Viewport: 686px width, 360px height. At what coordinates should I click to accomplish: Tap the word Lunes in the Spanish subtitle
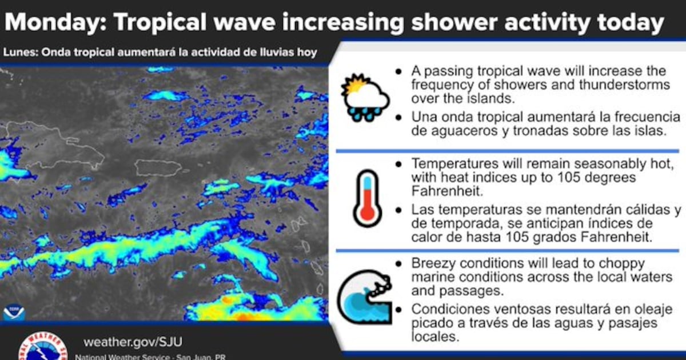click(x=20, y=52)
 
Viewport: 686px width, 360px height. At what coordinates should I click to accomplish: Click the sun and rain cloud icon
click(x=365, y=97)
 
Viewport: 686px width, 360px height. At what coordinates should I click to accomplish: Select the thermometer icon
click(x=367, y=198)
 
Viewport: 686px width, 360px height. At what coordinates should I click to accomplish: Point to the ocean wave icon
click(x=365, y=297)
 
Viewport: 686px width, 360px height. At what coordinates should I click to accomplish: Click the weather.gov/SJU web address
click(x=133, y=342)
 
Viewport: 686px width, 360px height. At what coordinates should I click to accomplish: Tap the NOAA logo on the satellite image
click(x=14, y=312)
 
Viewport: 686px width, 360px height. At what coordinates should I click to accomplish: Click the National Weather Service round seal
click(x=43, y=346)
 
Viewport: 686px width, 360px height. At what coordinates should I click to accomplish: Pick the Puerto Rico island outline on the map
click(x=158, y=168)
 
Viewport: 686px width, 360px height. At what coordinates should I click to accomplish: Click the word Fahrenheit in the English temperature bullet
click(x=447, y=191)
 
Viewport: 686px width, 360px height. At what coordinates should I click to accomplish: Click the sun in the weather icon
click(x=355, y=85)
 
